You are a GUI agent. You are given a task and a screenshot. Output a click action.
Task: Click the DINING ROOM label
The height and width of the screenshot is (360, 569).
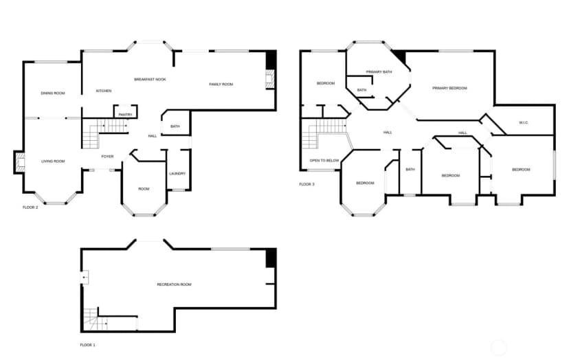coord(53,93)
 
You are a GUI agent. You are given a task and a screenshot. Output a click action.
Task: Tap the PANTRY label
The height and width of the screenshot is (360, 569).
coord(125,115)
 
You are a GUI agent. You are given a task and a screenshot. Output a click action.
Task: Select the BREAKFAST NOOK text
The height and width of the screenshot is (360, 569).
coord(150,80)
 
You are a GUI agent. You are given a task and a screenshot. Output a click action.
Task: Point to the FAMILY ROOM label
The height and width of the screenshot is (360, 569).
coord(221,85)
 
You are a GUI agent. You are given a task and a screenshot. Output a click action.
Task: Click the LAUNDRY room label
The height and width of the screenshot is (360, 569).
coord(177,173)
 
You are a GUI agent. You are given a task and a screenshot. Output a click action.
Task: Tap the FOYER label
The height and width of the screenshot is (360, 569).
coord(107,157)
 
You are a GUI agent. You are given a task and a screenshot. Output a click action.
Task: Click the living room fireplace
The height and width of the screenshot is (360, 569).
coord(20,162)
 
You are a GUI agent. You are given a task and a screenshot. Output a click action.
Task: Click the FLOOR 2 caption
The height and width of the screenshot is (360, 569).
coord(30,207)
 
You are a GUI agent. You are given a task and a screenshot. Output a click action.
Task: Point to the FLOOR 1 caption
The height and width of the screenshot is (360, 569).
coord(87,345)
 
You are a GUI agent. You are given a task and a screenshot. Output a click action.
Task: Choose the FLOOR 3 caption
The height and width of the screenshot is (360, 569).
coord(306,184)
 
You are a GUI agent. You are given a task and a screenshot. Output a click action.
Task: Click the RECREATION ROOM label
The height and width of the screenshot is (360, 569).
coord(174,284)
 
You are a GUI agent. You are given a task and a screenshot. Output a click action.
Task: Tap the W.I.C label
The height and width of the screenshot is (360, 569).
coord(523,123)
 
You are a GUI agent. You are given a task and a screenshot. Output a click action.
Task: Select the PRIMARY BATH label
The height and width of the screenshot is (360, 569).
coord(379,72)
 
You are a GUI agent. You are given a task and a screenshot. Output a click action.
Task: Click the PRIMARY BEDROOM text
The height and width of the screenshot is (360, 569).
coord(449,88)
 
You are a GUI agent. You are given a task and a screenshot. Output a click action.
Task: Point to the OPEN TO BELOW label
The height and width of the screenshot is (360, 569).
coord(324,160)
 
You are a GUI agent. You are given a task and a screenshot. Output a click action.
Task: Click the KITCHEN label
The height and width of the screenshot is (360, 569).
coord(104,91)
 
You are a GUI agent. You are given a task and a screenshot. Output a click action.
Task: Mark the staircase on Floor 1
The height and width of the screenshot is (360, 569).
coord(96,319)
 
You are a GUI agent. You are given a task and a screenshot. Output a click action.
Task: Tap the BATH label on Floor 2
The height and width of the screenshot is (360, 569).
coord(175,126)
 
